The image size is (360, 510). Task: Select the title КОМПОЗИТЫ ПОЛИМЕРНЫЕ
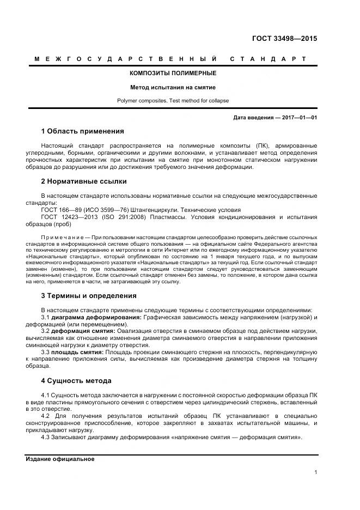tap(173, 73)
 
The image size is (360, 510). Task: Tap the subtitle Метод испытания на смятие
tap(173, 87)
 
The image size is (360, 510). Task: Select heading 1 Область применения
tap(82, 131)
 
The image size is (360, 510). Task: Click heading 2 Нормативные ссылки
tap(84, 181)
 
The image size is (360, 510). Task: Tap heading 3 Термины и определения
tap(88, 296)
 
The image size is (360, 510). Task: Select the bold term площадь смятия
tap(77, 353)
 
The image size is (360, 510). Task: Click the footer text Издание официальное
tap(60, 459)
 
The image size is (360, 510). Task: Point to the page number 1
tap(315, 472)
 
